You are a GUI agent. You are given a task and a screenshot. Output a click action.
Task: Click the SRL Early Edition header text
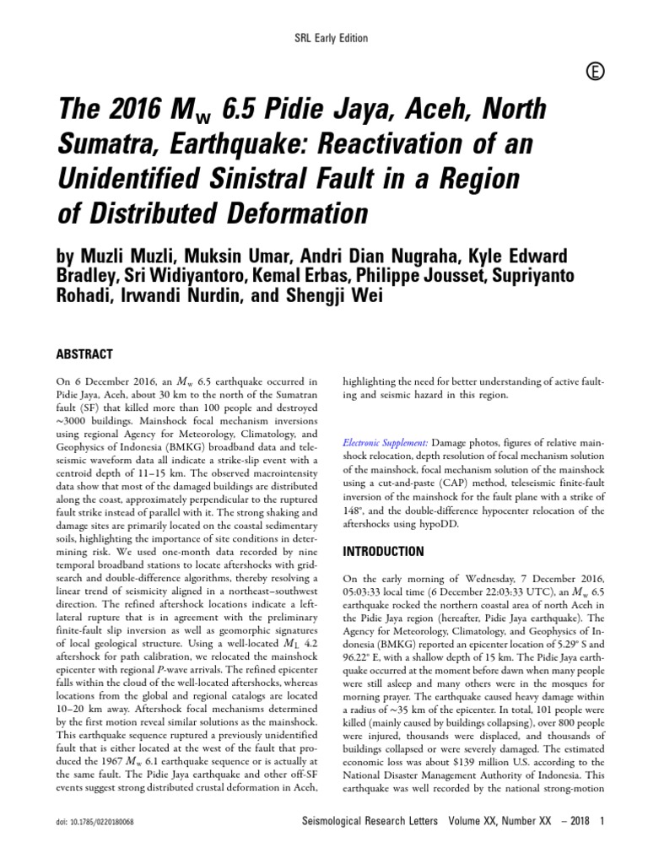(324, 38)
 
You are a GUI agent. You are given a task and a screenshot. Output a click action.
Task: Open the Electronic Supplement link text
(386, 442)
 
